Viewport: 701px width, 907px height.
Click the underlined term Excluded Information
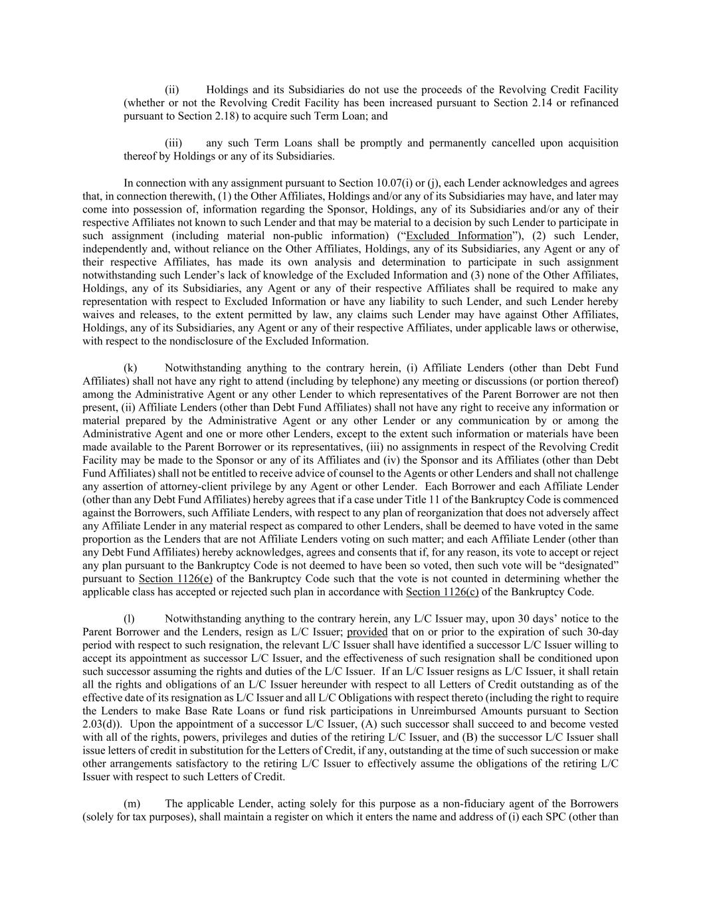pyautogui.click(x=458, y=236)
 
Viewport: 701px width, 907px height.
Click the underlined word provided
pyautogui.click(x=367, y=632)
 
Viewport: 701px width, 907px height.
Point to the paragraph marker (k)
pyautogui.click(x=130, y=368)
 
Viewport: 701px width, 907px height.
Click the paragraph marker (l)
pyautogui.click(x=130, y=619)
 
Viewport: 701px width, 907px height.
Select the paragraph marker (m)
pyautogui.click(x=132, y=803)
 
